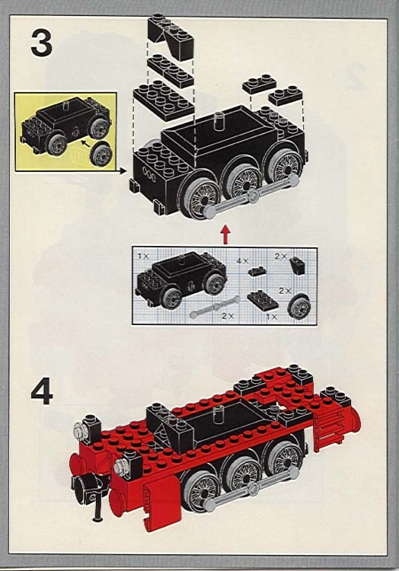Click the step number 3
coord(42,43)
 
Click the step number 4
coord(42,393)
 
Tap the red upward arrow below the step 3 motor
coord(224,234)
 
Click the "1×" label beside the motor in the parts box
coord(142,257)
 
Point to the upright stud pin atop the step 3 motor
coord(219,120)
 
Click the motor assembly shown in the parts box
coord(179,280)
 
